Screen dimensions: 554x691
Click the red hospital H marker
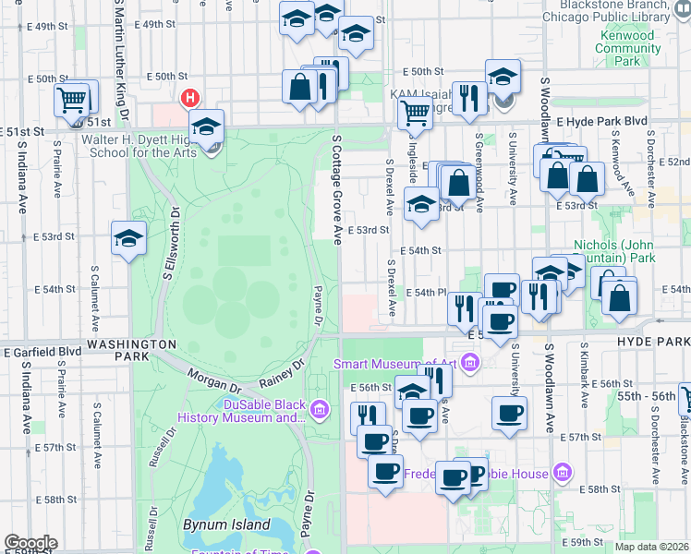(191, 97)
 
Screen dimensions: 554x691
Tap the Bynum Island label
(226, 524)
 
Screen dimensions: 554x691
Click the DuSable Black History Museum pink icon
(320, 408)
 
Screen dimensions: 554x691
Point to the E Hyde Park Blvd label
(601, 121)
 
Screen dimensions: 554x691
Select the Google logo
(30, 543)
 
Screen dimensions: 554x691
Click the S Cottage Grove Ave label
(336, 188)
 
